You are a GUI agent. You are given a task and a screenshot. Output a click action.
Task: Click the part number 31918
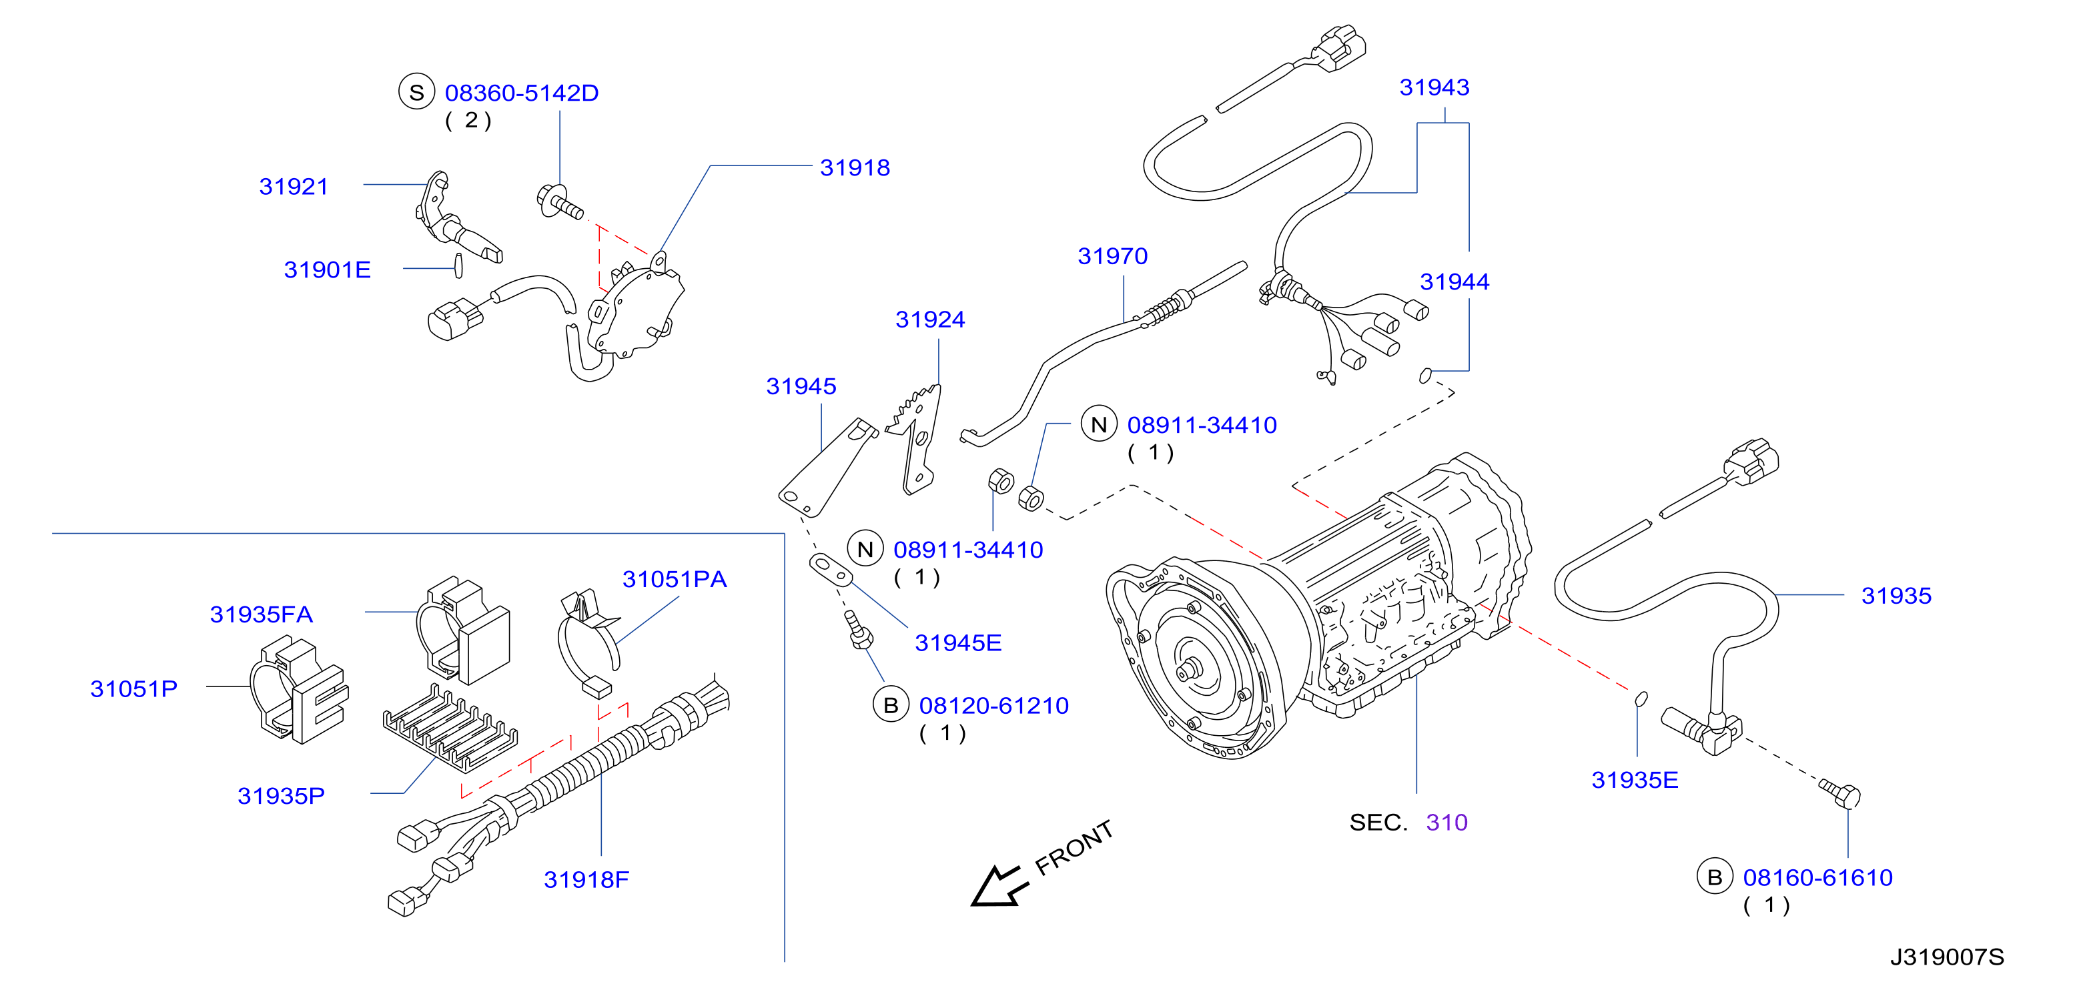(x=855, y=167)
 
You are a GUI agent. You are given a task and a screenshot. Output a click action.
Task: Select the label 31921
(x=294, y=186)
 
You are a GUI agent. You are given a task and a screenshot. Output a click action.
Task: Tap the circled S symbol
(x=416, y=92)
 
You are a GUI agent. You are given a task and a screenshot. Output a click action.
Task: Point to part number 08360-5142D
(x=522, y=93)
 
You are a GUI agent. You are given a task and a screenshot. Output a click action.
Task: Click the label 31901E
(x=327, y=270)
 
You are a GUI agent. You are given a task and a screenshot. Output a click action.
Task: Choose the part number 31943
(x=1434, y=87)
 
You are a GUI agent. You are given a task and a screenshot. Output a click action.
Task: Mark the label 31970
(x=1113, y=256)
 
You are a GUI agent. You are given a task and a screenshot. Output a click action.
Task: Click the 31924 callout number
(x=930, y=319)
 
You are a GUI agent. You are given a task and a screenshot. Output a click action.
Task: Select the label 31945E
(x=958, y=642)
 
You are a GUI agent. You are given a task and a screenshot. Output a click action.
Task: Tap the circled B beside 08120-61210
(x=890, y=705)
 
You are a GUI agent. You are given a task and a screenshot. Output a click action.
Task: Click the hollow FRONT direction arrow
(x=999, y=885)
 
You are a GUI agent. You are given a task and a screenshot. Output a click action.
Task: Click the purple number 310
(x=1446, y=823)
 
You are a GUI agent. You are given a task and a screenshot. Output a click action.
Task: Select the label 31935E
(x=1635, y=781)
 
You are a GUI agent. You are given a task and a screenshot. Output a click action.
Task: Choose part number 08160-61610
(x=1818, y=877)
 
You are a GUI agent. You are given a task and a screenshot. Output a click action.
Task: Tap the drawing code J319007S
(x=1948, y=957)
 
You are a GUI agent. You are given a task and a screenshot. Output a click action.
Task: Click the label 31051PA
(x=675, y=580)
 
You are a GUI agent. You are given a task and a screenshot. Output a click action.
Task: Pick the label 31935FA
(x=261, y=614)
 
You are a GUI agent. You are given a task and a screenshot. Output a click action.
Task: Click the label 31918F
(x=586, y=880)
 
